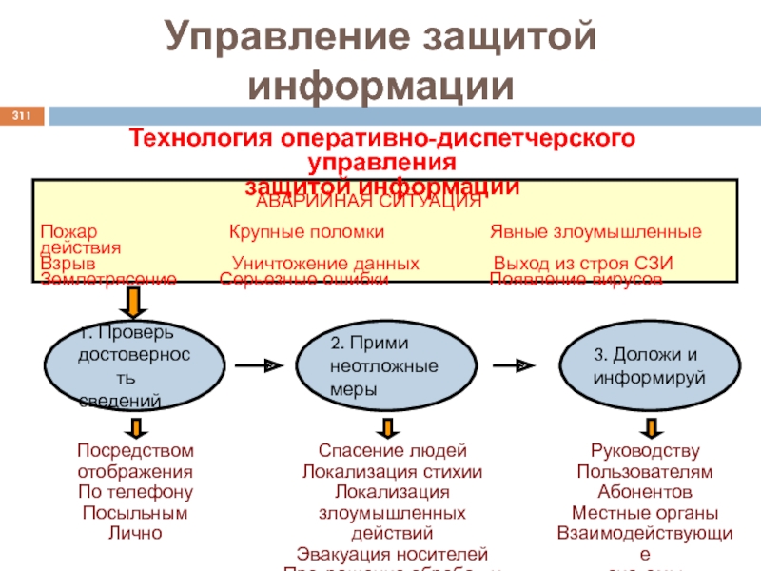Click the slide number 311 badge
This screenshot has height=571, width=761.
[x=22, y=116]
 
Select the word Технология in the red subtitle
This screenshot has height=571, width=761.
[x=200, y=139]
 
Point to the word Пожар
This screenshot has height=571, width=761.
[x=69, y=231]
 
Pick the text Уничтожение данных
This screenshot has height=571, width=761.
[x=325, y=264]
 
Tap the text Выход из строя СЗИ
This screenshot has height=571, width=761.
[x=583, y=264]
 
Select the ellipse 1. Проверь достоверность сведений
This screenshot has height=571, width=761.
[x=135, y=365]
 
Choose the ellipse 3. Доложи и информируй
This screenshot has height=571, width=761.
[x=647, y=365]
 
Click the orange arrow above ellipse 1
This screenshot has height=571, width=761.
[x=134, y=303]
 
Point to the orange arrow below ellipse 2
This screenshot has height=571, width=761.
[x=385, y=428]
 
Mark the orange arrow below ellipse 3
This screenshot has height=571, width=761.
[x=646, y=428]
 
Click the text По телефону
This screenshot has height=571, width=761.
[x=135, y=492]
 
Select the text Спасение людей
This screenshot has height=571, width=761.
[x=392, y=450]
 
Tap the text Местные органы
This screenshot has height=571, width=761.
[x=646, y=513]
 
